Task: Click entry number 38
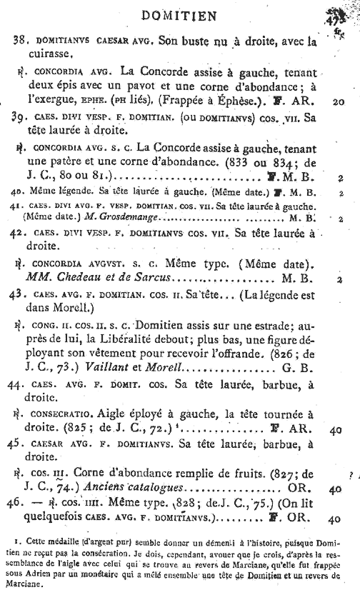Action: pos(19,42)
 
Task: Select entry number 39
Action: pos(19,117)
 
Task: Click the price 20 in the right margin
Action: pos(339,101)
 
